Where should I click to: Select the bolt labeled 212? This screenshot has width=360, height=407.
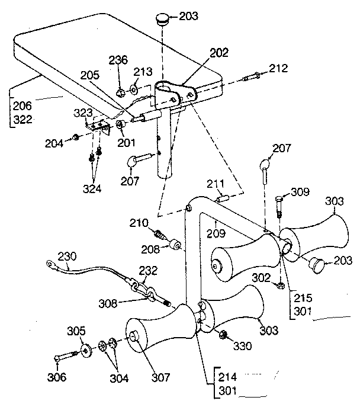click(252, 77)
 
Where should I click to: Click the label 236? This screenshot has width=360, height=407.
click(118, 60)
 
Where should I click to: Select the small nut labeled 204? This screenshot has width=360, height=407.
click(76, 138)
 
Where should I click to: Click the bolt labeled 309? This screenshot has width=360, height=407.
click(280, 205)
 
